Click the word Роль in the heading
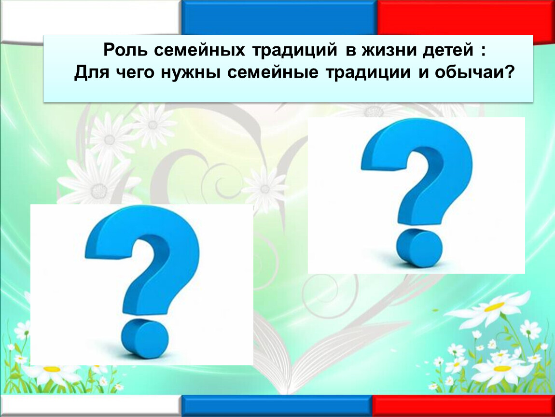pyautogui.click(x=125, y=50)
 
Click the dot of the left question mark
pyautogui.click(x=144, y=338)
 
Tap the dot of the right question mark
pyautogui.click(x=419, y=248)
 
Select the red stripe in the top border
pyautogui.click(x=466, y=18)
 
